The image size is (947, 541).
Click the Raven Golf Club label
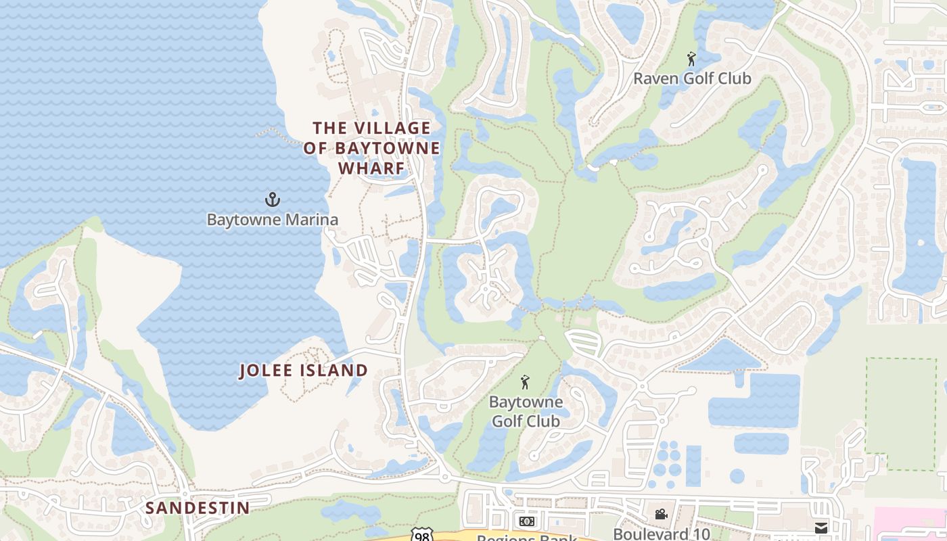coord(691,78)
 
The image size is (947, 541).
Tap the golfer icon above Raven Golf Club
coord(691,60)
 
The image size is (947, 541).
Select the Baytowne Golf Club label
coord(526,411)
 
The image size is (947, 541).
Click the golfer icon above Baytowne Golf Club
coord(525,383)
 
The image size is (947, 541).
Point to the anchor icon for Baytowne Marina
coord(272,199)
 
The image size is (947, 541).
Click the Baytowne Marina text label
coord(272,220)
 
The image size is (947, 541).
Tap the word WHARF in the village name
coord(371,168)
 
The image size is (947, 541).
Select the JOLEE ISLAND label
coord(304,371)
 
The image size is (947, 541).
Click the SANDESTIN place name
coord(198,508)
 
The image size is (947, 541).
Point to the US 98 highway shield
coord(422,536)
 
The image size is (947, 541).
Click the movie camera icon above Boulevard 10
coord(661,515)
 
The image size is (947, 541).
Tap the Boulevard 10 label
coord(661,534)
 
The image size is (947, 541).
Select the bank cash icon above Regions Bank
coord(526,521)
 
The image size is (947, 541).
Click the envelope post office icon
coord(821,528)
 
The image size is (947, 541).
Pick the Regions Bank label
coord(526,538)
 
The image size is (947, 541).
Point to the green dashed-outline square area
coord(901,414)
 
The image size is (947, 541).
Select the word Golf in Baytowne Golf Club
coord(507,421)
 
